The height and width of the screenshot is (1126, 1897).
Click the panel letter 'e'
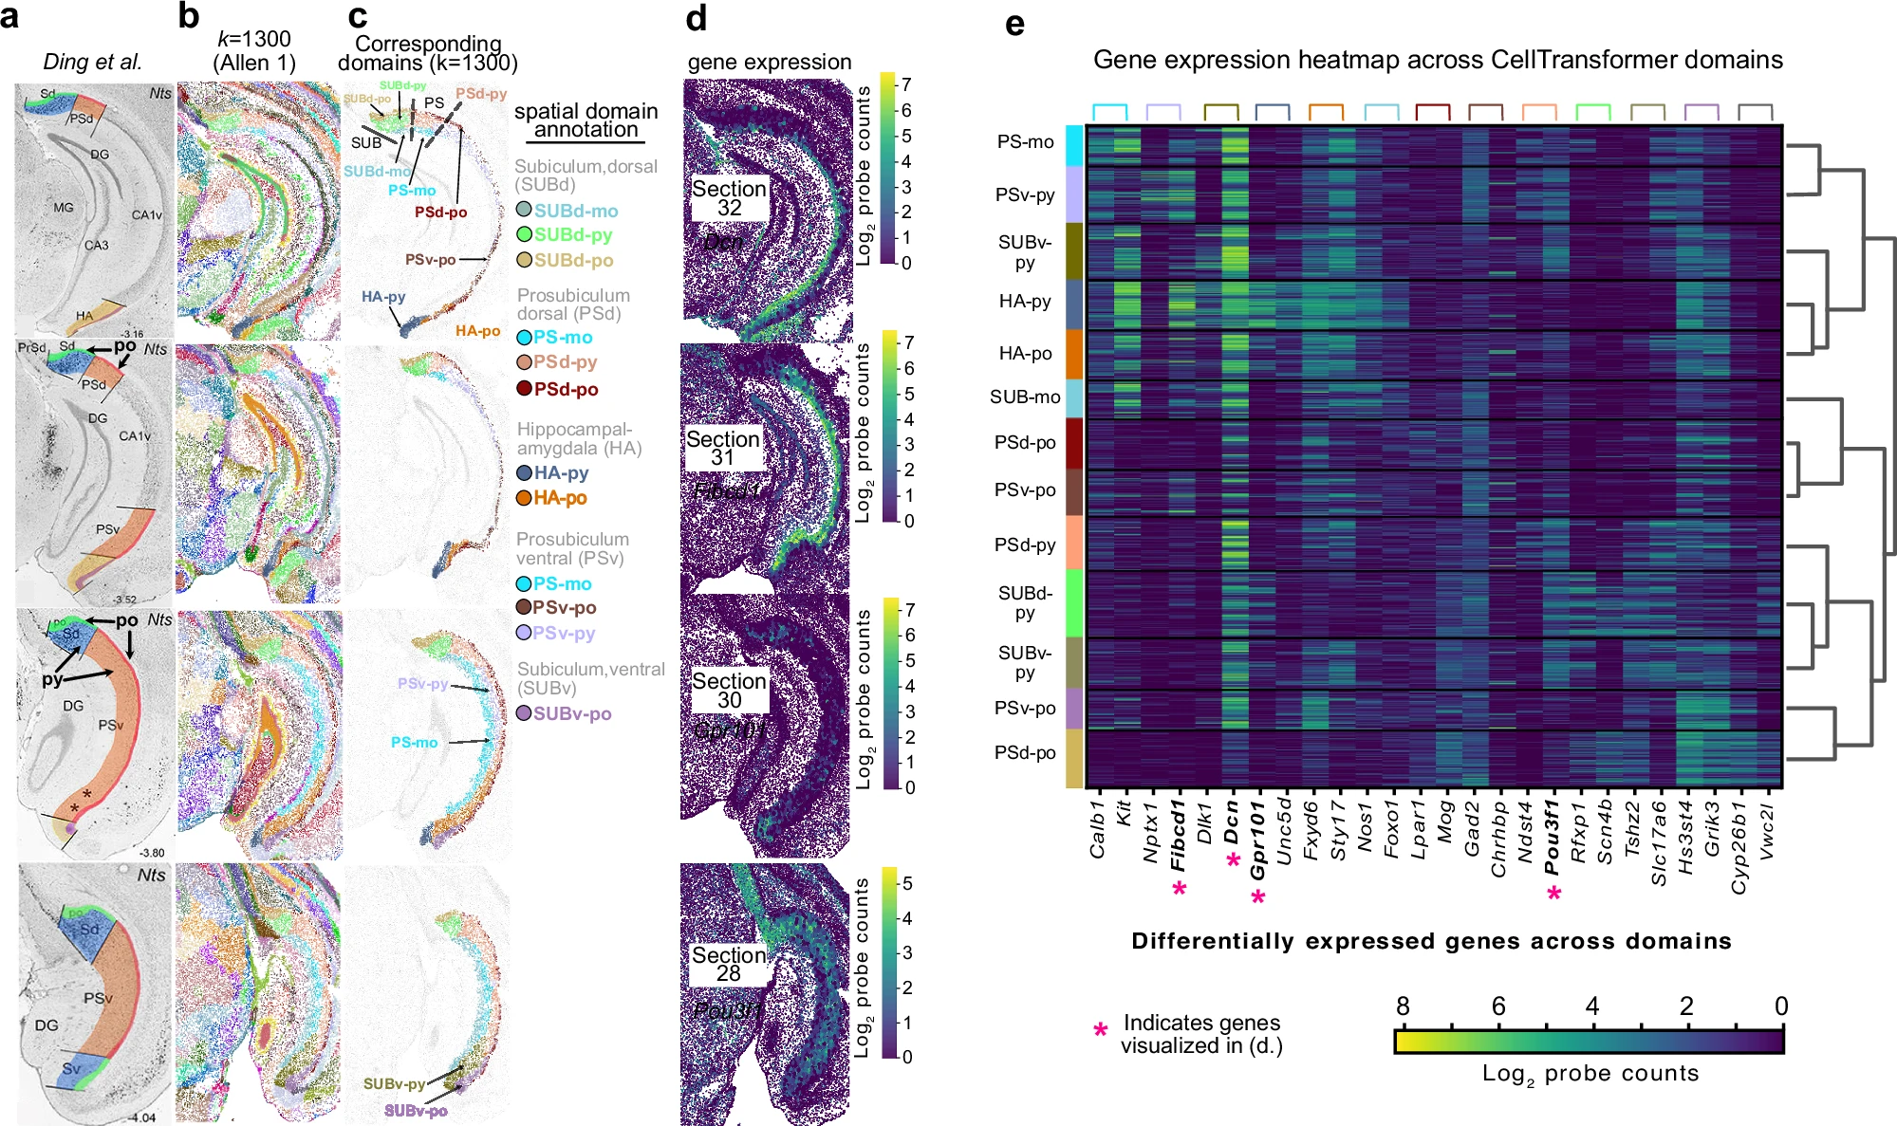click(1014, 23)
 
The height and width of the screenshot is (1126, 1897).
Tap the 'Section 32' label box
click(729, 197)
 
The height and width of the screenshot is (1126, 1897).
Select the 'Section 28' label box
click(729, 964)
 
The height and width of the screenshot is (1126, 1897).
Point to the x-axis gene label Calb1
click(1098, 830)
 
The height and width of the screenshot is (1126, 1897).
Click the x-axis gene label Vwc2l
click(1766, 831)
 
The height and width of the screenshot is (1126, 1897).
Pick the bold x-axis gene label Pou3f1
click(1552, 836)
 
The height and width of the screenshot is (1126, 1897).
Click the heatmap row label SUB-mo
click(1025, 397)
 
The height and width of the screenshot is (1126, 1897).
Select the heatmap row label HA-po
click(1025, 354)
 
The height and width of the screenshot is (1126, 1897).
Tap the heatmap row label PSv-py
click(1025, 195)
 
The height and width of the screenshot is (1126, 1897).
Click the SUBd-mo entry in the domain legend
click(575, 211)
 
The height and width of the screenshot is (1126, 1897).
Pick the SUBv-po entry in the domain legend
click(571, 713)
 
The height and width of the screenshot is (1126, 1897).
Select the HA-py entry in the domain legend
click(560, 472)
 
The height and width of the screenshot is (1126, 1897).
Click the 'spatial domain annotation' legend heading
click(586, 120)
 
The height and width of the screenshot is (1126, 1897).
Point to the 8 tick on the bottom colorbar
click(1403, 1006)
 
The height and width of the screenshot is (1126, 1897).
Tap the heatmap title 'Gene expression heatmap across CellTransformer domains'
click(1438, 60)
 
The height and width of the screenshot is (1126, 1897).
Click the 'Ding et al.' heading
click(93, 62)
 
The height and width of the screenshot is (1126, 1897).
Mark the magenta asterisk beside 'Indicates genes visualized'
click(1101, 1030)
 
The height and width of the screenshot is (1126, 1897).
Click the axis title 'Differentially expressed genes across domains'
click(1431, 941)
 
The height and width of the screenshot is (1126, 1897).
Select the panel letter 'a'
click(9, 17)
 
